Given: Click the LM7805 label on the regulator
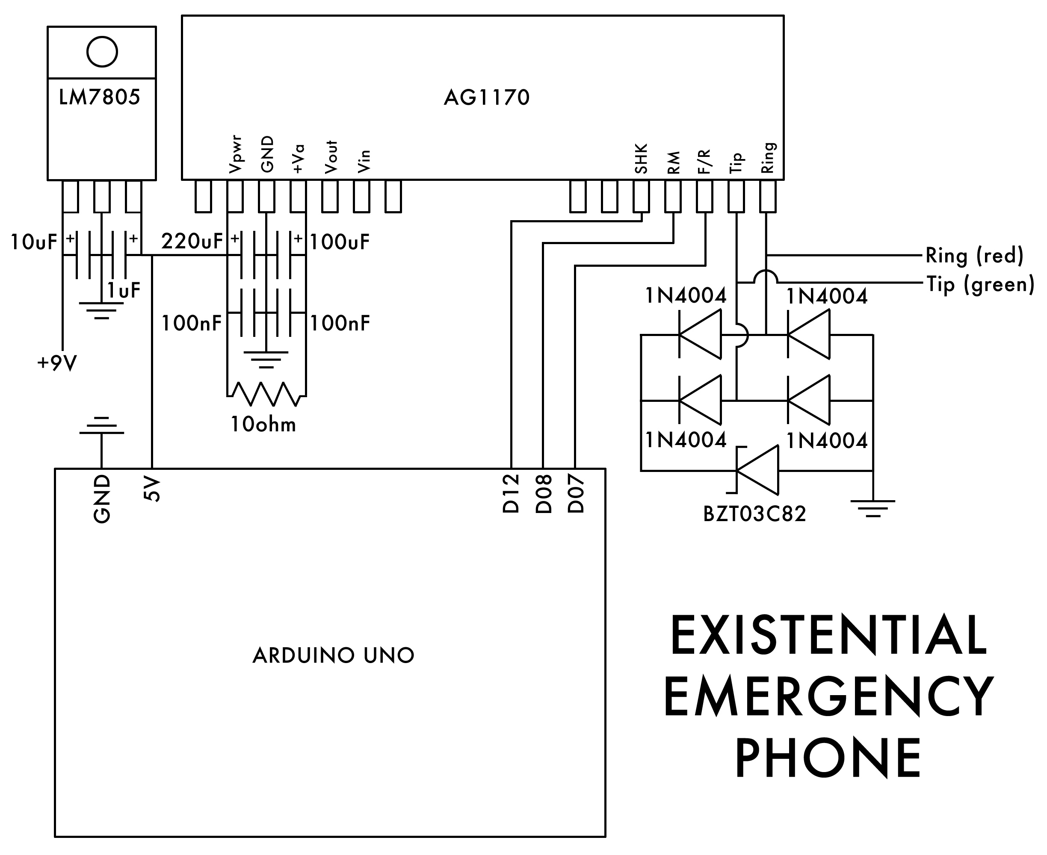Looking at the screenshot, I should point(100,97).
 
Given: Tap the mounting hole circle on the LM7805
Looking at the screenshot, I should point(102,52).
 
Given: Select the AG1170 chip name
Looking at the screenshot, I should point(486,97).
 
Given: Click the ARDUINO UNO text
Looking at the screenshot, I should point(333,655).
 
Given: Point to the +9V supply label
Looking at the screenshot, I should point(57,363).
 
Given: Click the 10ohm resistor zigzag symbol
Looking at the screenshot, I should point(266,394).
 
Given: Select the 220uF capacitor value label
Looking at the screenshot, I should point(192,242).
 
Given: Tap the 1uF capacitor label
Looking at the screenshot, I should point(124,291).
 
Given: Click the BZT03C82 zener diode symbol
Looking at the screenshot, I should point(757,470).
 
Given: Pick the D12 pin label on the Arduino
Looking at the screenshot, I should point(512,493).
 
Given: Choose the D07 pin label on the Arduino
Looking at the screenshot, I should point(576,493).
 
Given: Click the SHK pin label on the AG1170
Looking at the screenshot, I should point(641,159).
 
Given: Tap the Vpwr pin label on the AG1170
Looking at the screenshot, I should point(235,155).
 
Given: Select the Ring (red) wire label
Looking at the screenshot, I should point(974,255).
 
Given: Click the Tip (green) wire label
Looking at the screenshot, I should point(980,284).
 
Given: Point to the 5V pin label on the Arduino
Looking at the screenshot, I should point(152,489).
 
